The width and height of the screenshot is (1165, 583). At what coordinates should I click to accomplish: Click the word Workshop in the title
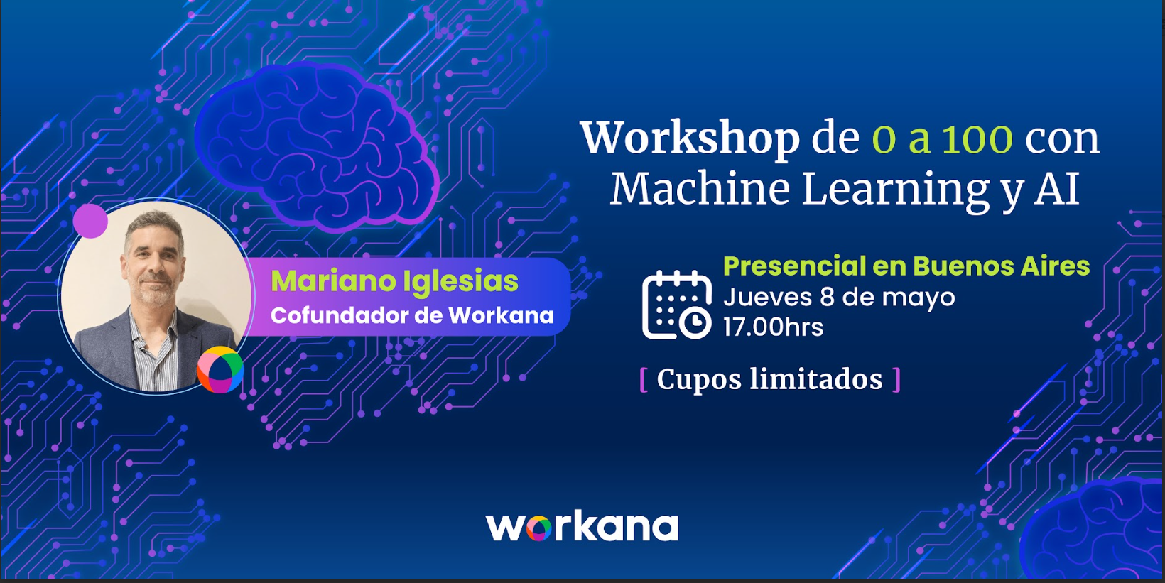coord(690,139)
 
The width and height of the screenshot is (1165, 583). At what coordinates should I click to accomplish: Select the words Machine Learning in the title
coord(800,190)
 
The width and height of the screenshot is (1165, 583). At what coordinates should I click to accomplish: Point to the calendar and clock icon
coord(677,305)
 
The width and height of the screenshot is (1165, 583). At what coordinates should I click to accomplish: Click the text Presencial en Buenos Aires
coord(906,266)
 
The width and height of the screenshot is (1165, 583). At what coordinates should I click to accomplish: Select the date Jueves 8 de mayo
coord(839,298)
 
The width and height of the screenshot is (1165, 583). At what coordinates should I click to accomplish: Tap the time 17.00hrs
coord(774,327)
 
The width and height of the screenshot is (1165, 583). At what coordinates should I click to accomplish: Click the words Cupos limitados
coord(769,379)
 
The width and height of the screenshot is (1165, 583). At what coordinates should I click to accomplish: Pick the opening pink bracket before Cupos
coord(644,380)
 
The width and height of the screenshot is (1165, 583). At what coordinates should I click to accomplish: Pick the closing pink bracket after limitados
coord(896,380)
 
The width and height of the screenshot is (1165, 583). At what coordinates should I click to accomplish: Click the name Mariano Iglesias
coord(394,281)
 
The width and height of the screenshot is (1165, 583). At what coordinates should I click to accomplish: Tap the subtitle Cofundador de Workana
coord(412,316)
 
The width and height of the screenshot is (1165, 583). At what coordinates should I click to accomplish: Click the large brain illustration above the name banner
coord(317,146)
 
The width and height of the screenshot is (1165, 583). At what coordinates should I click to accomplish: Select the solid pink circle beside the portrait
coord(90,221)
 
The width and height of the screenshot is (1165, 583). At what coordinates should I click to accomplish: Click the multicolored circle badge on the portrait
coord(220,369)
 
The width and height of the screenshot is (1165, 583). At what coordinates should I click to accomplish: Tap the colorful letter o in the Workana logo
coord(538,529)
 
